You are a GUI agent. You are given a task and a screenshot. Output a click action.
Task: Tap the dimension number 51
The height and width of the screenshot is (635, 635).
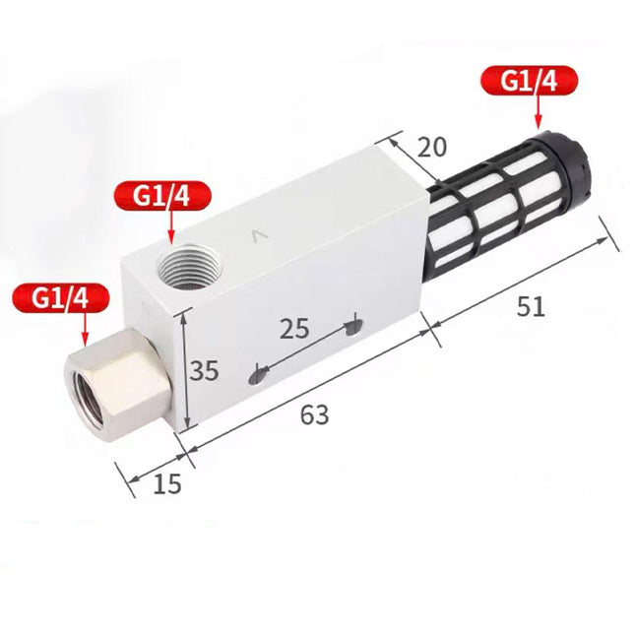click(531, 306)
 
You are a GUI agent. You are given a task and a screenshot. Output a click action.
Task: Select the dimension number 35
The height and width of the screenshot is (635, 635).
click(204, 370)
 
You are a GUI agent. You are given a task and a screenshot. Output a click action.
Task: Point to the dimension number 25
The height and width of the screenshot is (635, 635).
click(294, 328)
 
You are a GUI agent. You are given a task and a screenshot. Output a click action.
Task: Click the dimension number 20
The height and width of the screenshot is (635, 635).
click(432, 147)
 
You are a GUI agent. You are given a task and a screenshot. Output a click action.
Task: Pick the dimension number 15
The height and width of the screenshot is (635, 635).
click(167, 483)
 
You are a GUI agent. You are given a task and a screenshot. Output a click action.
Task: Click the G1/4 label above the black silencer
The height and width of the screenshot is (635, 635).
click(529, 81)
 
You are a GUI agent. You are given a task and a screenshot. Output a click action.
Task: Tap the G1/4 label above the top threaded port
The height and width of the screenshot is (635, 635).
click(162, 196)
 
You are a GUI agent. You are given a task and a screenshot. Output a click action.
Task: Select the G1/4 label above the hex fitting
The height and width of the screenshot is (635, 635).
click(61, 298)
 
